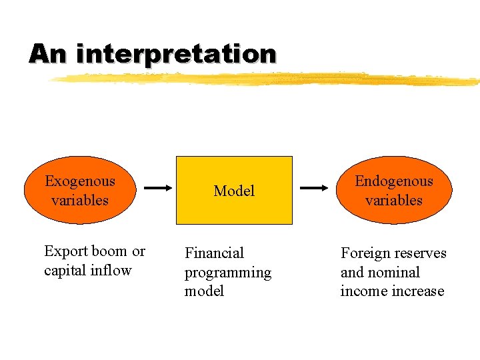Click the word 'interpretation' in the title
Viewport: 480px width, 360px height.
click(176, 53)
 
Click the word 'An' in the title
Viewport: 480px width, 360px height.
click(48, 53)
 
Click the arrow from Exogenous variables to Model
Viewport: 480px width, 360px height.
click(159, 189)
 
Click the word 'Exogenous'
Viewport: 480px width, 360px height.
click(79, 181)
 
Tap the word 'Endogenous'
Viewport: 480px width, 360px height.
click(393, 181)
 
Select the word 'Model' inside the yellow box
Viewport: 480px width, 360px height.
click(234, 191)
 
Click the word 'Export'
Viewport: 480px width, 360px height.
click(65, 251)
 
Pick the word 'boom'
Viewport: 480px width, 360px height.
click(109, 251)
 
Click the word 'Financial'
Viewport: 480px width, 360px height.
click(214, 253)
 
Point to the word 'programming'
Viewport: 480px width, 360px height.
click(228, 273)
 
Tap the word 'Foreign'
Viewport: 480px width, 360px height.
click(365, 253)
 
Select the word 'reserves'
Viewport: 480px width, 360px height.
click(420, 253)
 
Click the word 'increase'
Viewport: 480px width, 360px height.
click(419, 291)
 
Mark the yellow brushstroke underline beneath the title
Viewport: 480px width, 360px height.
click(267, 79)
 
